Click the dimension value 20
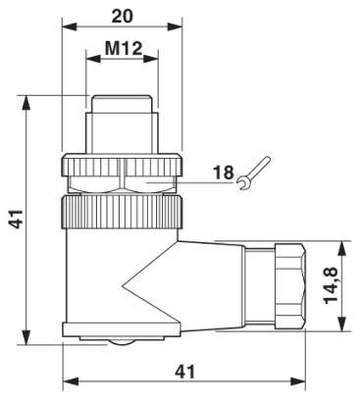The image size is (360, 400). pyautogui.click(x=123, y=18)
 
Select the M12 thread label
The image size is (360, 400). pyautogui.click(x=123, y=48)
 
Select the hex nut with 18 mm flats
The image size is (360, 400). pyautogui.click(x=123, y=176)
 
